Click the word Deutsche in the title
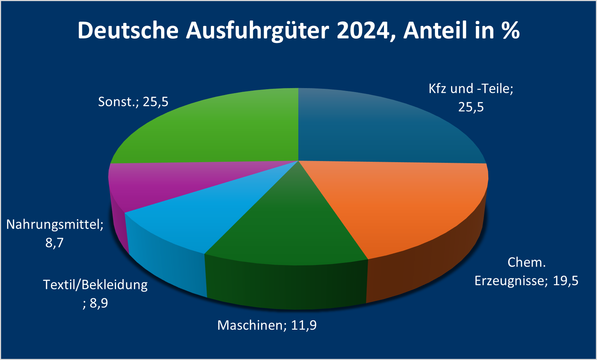pyautogui.click(x=128, y=30)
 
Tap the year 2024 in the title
pyautogui.click(x=363, y=30)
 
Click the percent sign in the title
pyautogui.click(x=510, y=30)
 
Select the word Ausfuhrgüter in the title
pyautogui.click(x=257, y=30)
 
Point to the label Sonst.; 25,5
pyautogui.click(x=133, y=102)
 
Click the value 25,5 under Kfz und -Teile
pyautogui.click(x=471, y=107)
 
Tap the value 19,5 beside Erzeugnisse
pyautogui.click(x=566, y=281)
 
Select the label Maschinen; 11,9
pyautogui.click(x=267, y=325)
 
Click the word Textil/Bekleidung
pyautogui.click(x=95, y=285)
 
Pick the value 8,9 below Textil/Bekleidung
pyautogui.click(x=99, y=303)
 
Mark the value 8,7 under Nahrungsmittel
pyautogui.click(x=55, y=243)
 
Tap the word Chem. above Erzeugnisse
pyautogui.click(x=526, y=263)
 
